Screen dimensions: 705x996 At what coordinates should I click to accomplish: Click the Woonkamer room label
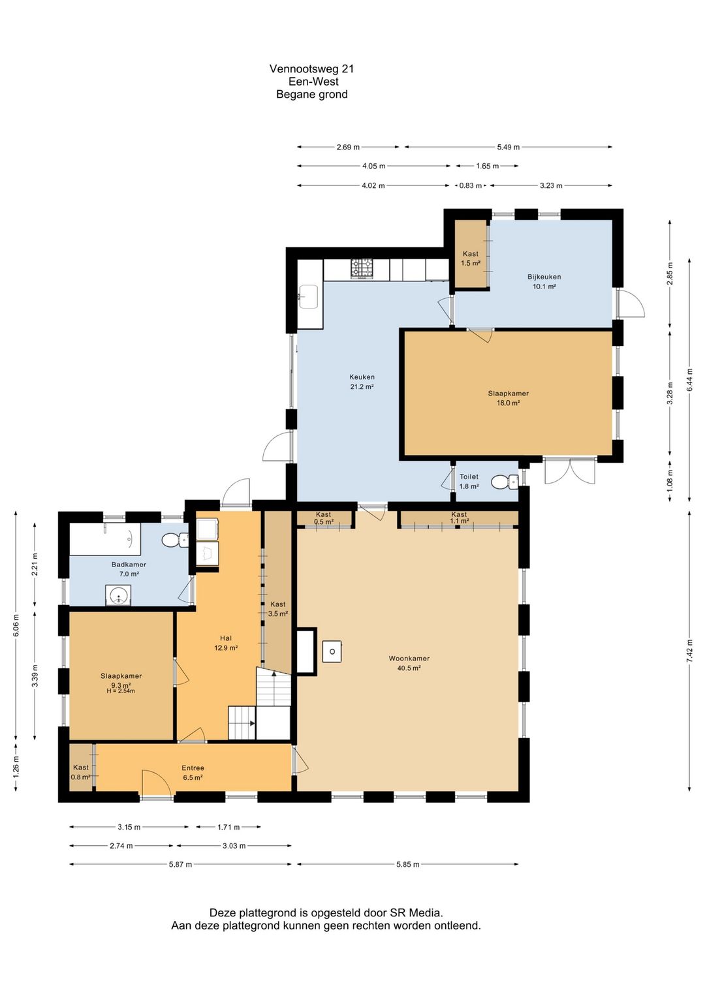409,659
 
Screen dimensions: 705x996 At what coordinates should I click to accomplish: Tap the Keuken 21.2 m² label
362,382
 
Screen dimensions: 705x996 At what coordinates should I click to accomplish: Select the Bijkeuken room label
544,277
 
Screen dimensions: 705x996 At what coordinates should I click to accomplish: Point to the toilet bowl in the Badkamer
175,540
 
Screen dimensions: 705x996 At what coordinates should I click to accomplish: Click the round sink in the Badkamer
118,595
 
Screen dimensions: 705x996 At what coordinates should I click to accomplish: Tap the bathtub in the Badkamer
105,539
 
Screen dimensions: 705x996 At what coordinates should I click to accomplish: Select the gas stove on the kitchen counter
362,269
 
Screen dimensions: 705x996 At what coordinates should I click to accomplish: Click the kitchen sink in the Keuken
308,296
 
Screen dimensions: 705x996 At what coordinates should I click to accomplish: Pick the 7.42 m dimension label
689,651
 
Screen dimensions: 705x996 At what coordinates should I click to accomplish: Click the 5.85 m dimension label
407,864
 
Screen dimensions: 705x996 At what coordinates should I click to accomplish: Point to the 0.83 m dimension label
470,185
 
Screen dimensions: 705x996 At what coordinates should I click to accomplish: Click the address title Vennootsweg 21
311,69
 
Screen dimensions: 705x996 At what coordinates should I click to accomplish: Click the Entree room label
193,768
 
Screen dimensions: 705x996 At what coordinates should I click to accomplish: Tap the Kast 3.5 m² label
277,609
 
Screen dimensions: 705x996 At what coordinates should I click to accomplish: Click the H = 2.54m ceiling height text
121,691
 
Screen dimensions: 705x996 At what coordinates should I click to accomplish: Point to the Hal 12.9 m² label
225,643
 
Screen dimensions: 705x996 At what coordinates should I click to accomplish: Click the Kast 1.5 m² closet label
470,258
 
